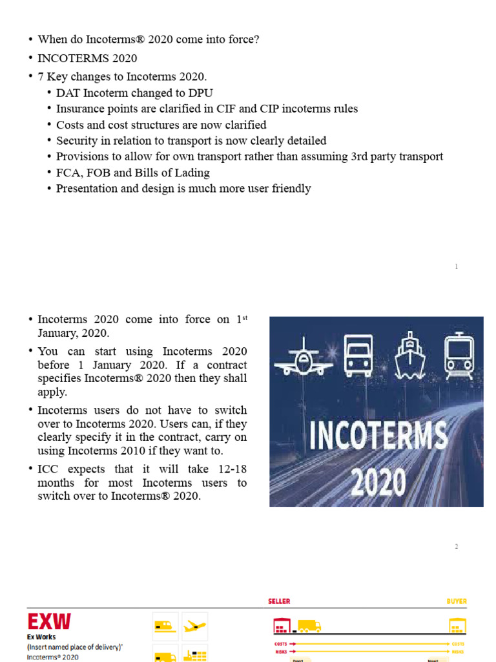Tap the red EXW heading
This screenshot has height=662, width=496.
tap(49, 622)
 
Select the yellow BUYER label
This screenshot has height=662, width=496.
tap(456, 601)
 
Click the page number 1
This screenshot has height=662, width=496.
tap(456, 266)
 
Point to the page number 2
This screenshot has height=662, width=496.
tap(456, 547)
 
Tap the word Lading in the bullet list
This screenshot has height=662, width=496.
tap(193, 173)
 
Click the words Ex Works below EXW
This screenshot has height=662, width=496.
tap(41, 637)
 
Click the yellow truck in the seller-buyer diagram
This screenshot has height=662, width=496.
tap(309, 626)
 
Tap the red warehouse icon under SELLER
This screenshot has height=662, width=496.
tap(282, 626)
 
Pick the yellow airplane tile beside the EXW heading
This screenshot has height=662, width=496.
tap(194, 626)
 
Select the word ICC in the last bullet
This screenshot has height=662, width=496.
tap(48, 469)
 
